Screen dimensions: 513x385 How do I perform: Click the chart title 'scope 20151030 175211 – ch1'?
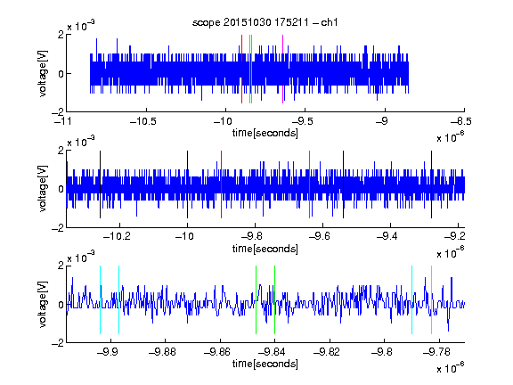[x=265, y=22]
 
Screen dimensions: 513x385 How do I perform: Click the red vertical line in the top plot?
[x=241, y=70]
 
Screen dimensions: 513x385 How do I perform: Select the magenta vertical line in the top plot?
[x=282, y=70]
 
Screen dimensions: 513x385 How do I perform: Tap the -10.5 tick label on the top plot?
[x=143, y=121]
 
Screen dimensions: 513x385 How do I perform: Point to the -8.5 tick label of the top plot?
[x=461, y=121]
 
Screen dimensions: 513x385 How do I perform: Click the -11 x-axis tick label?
[x=63, y=121]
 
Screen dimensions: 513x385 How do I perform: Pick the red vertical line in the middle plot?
[x=222, y=184]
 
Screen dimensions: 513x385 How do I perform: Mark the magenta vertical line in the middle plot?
[x=310, y=184]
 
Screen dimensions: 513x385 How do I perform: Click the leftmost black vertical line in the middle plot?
[x=100, y=184]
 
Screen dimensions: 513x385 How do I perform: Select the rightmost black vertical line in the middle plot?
[x=432, y=184]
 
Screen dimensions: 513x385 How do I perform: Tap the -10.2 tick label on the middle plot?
[x=117, y=236]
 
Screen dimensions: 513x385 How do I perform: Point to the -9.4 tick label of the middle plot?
[x=387, y=236]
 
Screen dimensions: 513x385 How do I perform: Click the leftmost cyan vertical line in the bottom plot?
[x=100, y=299]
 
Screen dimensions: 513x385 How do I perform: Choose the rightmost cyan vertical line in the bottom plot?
[x=432, y=299]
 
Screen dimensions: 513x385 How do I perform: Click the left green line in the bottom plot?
[x=256, y=299]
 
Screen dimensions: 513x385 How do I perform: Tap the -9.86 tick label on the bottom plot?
[x=217, y=352]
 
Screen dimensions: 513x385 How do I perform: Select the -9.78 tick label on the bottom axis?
[x=436, y=352]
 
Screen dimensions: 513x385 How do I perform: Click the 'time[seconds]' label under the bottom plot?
[x=265, y=364]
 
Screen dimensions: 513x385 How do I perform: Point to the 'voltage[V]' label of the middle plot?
[x=43, y=189]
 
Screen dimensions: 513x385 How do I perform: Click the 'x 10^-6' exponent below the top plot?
[x=451, y=136]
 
